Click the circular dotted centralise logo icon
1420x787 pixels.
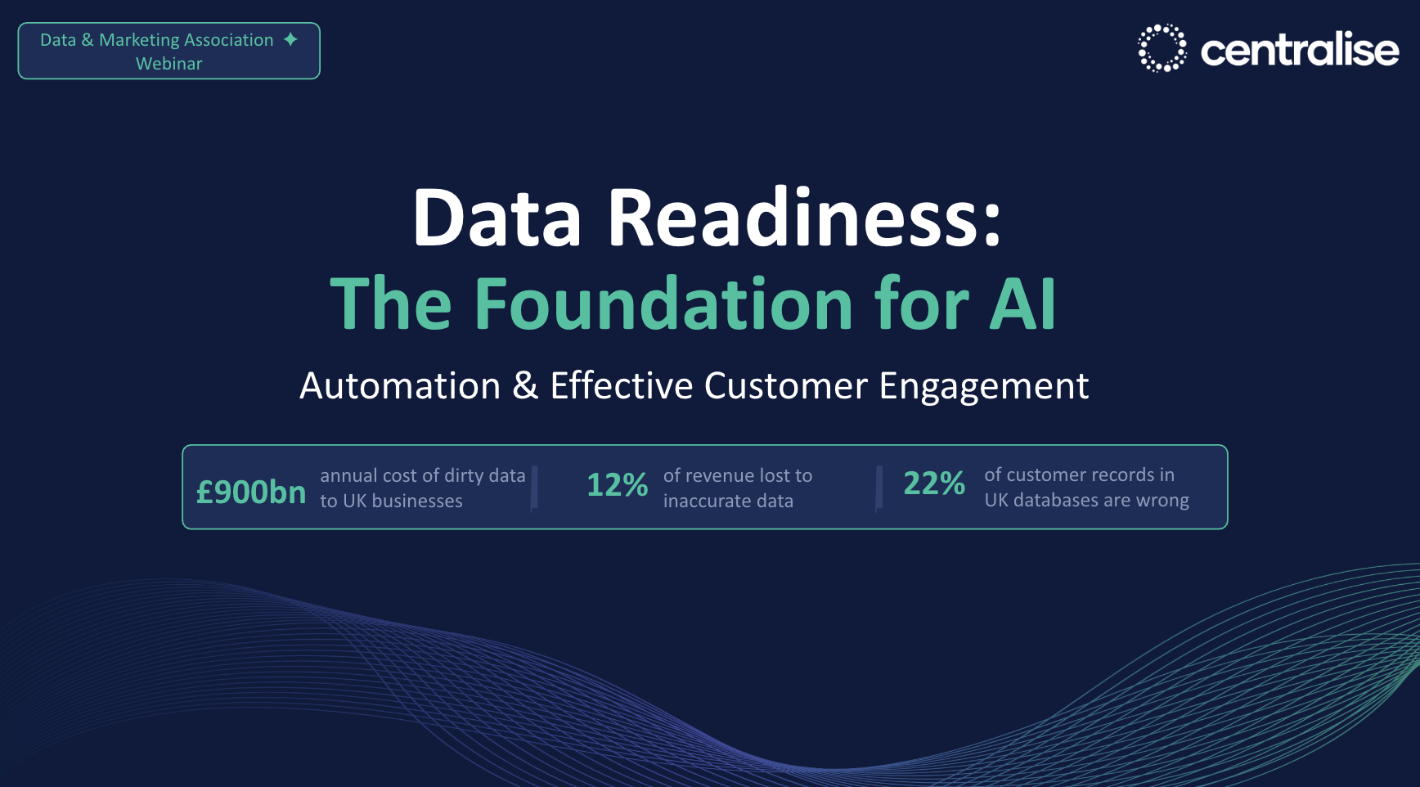(x=1162, y=48)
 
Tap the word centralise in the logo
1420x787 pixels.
(x=1300, y=50)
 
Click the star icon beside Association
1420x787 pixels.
(x=290, y=39)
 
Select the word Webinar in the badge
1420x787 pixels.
(x=169, y=64)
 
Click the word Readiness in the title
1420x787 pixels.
(x=805, y=218)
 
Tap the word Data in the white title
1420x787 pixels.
(x=497, y=218)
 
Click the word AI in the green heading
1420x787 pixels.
(x=1022, y=304)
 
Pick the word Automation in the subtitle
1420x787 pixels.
(x=400, y=385)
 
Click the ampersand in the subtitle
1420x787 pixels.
(x=525, y=385)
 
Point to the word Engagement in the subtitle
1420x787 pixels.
(x=984, y=386)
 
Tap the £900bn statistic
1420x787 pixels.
(x=251, y=492)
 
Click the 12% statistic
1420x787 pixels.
(x=618, y=485)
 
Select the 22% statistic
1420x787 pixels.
(x=934, y=483)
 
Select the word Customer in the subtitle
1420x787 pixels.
(x=785, y=385)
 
